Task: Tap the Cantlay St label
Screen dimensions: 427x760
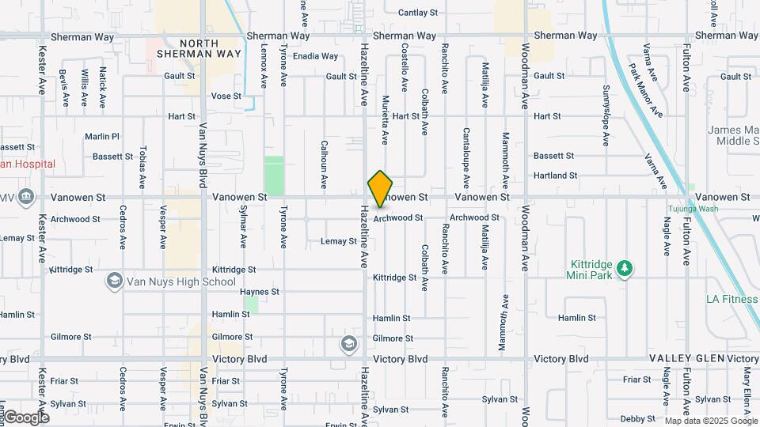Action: click(418, 13)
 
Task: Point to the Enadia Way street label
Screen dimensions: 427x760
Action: click(315, 56)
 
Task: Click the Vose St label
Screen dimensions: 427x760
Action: click(226, 96)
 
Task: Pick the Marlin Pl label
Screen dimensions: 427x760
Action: click(102, 136)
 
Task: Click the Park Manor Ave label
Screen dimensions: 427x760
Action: click(645, 88)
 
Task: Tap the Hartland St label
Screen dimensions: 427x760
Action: click(577, 176)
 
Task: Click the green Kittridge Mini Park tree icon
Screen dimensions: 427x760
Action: click(625, 269)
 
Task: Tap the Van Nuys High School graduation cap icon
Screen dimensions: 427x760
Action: click(115, 282)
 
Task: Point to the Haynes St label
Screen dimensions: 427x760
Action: click(260, 292)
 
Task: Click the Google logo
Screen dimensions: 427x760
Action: click(26, 417)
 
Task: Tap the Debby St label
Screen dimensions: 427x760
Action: click(637, 419)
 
